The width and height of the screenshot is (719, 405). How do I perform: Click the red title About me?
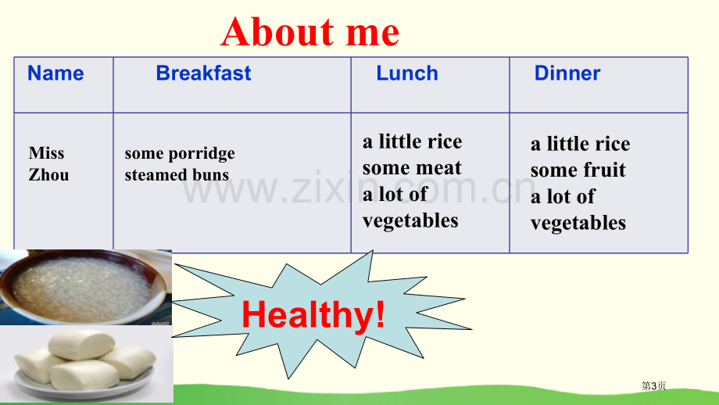tap(310, 31)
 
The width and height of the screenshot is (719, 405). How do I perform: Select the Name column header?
tap(55, 73)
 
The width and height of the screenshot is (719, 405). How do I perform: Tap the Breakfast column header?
tap(204, 73)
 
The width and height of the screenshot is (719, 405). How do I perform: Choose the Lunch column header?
tap(407, 73)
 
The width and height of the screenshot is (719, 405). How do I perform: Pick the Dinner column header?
tap(567, 73)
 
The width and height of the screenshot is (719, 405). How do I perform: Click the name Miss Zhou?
tap(48, 163)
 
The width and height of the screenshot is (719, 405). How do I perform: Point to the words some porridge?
tap(180, 154)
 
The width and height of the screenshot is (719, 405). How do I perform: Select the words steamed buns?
tap(177, 175)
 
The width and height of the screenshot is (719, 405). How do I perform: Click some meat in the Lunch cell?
tap(412, 168)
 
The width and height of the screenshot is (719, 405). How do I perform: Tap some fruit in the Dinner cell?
tap(578, 170)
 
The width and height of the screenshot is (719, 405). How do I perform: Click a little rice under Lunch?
tap(412, 142)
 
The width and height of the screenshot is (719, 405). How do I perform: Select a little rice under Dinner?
tap(580, 144)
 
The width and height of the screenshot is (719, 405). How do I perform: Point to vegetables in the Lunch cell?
tap(410, 221)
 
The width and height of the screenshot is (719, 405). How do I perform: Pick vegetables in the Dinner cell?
tap(578, 224)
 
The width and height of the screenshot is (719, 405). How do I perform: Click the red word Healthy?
tap(313, 314)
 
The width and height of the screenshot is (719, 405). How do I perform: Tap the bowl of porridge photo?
tap(86, 287)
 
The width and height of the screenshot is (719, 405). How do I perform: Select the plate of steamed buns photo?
tap(87, 365)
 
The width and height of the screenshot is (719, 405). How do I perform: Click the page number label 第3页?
tap(653, 385)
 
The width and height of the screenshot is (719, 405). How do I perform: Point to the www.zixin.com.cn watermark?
tap(359, 188)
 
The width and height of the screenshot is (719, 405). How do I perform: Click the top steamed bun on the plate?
tap(81, 344)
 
